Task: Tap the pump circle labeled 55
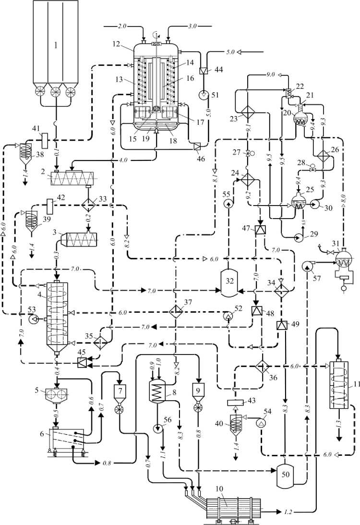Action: tap(227, 204)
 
